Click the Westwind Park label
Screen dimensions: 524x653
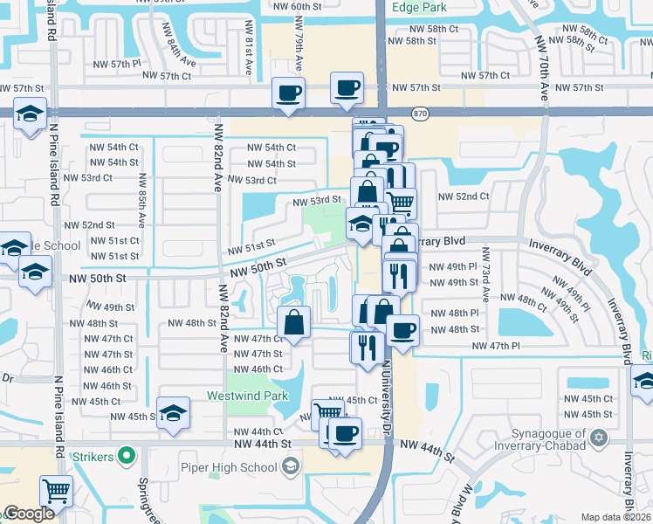[x=247, y=396]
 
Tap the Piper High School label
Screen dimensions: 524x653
[x=233, y=467]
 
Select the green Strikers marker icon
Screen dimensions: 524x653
[x=127, y=455]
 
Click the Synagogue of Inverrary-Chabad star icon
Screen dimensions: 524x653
[x=598, y=437]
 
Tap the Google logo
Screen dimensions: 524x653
[x=29, y=514]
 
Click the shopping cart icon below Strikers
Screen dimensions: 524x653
[x=56, y=491]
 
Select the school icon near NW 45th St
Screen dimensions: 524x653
[x=173, y=413]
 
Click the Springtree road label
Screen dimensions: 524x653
[x=144, y=498]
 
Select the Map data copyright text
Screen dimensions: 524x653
[x=616, y=517]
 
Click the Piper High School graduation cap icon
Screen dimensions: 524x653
[x=290, y=467]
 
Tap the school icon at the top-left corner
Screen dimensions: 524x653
[x=31, y=115]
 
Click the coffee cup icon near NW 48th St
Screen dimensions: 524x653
[x=402, y=330]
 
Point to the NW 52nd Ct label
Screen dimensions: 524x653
[x=464, y=196]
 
